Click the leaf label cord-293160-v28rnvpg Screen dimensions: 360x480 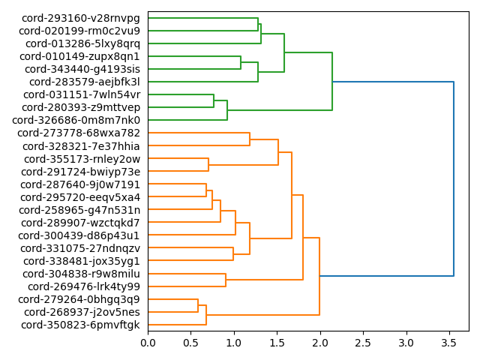click(x=80, y=18)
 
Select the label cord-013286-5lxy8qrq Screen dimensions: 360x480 click(x=80, y=43)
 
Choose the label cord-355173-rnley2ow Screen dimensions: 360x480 click(x=82, y=159)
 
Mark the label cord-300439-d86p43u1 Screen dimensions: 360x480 click(x=80, y=235)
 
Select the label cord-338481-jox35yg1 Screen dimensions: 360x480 click(x=82, y=261)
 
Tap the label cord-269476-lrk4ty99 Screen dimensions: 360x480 click(x=84, y=286)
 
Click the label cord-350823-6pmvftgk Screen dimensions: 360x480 click(x=80, y=325)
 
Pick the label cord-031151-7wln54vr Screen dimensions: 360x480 click(x=82, y=94)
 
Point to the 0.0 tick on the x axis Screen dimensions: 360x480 click(x=148, y=342)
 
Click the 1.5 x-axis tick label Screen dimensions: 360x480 click(x=277, y=342)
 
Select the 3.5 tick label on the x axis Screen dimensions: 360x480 click(x=449, y=342)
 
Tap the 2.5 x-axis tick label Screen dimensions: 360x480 click(x=363, y=342)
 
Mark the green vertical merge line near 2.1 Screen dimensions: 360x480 click(x=332, y=82)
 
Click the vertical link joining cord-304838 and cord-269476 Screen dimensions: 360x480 click(x=226, y=280)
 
